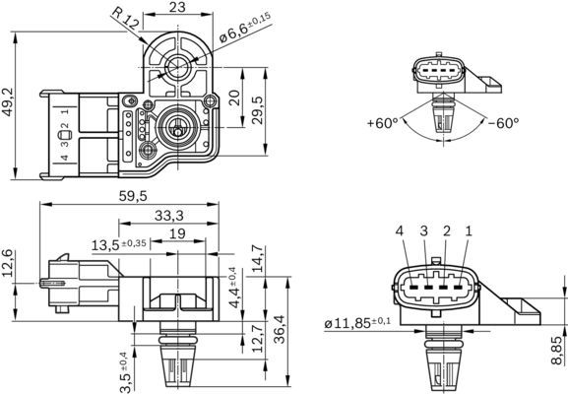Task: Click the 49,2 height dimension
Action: click(10, 101)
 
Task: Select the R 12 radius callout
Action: click(124, 20)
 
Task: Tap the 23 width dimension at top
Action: click(177, 8)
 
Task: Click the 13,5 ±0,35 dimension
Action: click(119, 243)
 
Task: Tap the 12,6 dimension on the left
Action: click(10, 264)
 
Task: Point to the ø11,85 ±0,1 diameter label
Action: click(356, 322)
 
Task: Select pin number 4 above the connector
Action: click(400, 231)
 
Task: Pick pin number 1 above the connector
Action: click(469, 231)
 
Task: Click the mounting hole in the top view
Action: click(177, 67)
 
